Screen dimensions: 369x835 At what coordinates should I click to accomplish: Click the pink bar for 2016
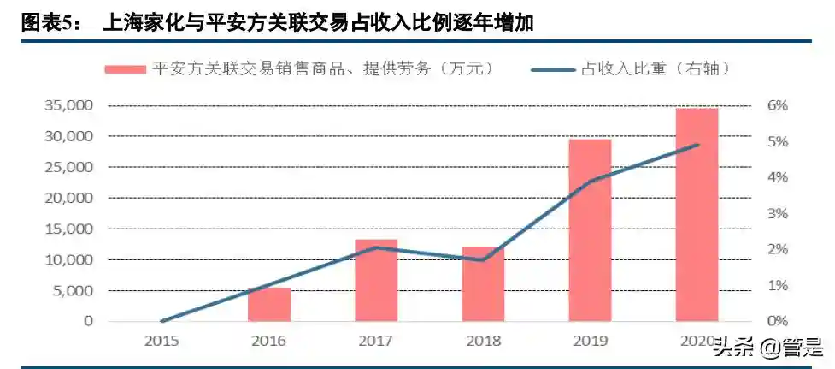pos(269,305)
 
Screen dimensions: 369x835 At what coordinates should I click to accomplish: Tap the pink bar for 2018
pos(483,284)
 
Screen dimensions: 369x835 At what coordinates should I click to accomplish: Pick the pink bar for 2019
pos(590,230)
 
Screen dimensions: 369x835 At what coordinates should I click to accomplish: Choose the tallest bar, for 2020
pos(697,215)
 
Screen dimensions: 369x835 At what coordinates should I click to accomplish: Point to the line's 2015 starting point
pos(162,321)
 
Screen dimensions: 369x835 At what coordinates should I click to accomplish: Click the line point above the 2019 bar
pos(590,181)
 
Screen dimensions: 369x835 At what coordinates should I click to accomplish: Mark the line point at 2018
pos(483,259)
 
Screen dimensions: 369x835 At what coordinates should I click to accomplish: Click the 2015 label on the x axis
pos(162,341)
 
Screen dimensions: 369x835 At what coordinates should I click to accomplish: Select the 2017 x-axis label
pos(376,341)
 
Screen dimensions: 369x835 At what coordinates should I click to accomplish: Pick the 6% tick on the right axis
pos(777,105)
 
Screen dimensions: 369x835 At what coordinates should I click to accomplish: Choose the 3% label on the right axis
pos(777,213)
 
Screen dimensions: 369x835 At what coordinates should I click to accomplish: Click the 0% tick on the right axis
pos(777,321)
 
